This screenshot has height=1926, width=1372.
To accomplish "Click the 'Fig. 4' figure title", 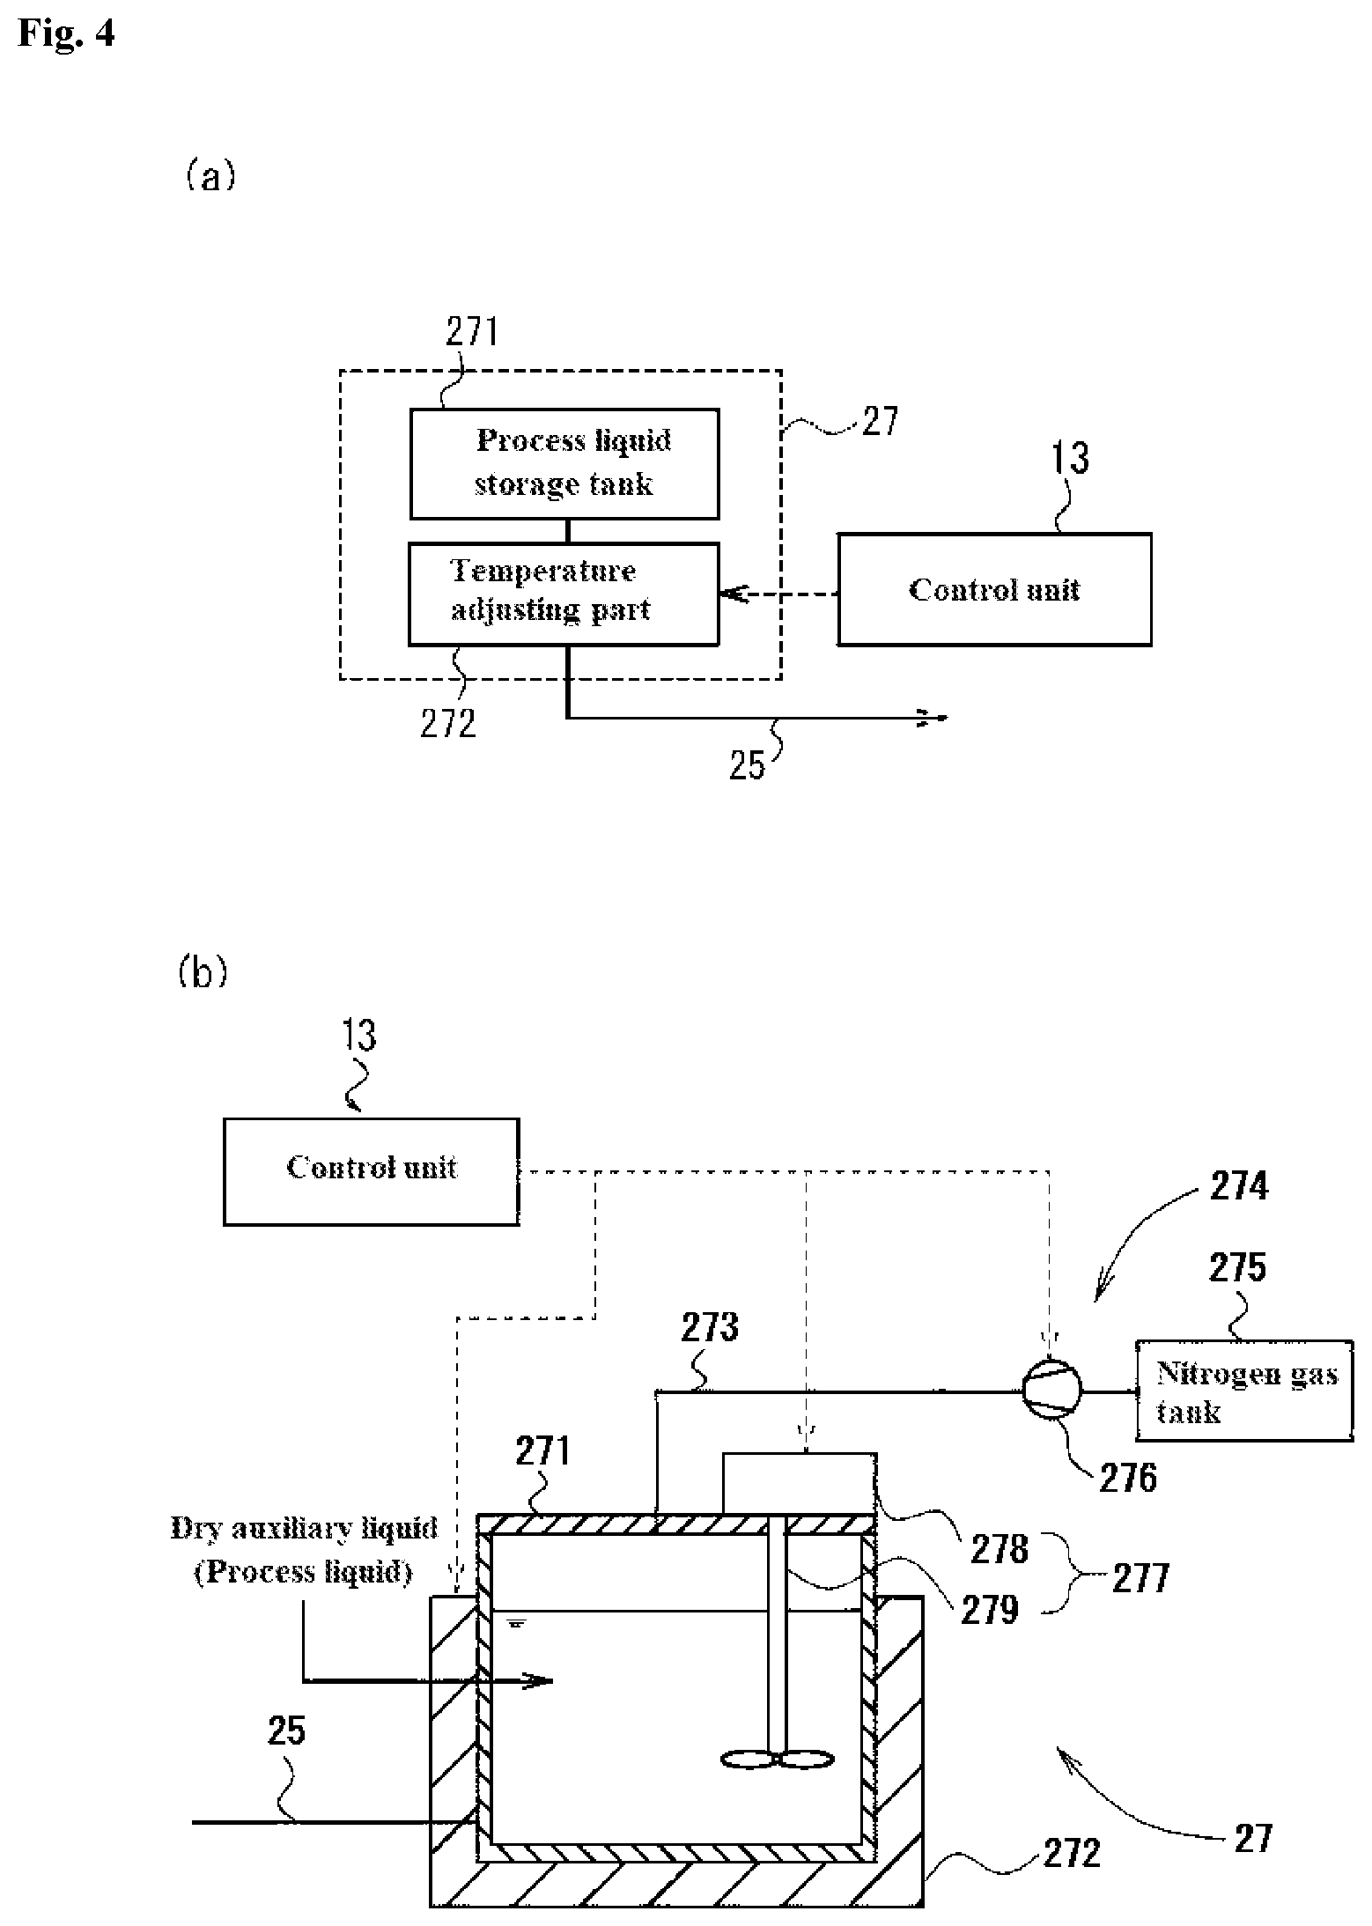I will click(66, 34).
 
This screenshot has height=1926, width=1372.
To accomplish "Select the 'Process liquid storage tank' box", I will click(564, 463).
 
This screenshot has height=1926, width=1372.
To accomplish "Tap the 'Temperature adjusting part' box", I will click(564, 594).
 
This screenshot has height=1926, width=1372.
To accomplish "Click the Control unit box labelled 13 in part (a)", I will click(993, 589).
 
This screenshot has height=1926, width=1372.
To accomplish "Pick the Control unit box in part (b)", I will click(371, 1171).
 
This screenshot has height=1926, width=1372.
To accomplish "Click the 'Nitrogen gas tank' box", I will click(1243, 1391).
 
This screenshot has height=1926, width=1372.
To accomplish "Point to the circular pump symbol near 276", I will click(1051, 1392).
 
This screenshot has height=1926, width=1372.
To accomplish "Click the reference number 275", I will click(1237, 1267).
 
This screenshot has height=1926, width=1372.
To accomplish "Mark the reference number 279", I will click(990, 1610).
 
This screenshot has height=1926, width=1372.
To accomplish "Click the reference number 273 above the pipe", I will click(710, 1327).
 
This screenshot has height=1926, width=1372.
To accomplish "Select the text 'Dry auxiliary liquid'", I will click(304, 1528).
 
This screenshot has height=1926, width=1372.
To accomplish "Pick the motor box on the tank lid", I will click(799, 1483).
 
